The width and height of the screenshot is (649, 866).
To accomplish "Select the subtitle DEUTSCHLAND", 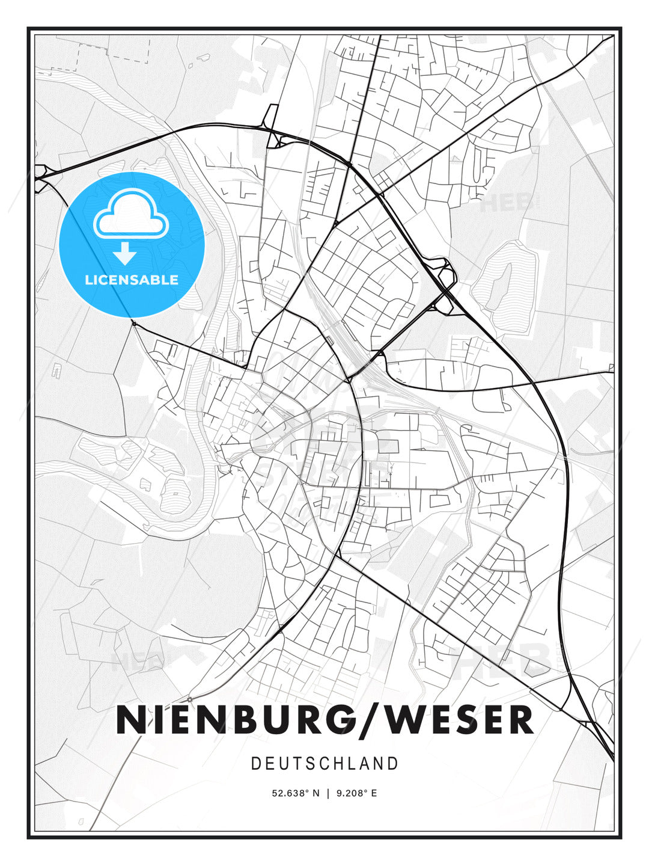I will click(324, 764).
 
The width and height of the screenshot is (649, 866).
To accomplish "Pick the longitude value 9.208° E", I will click(357, 793).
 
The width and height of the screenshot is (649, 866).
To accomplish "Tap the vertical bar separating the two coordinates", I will click(328, 793).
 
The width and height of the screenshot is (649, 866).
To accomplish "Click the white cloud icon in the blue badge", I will click(129, 213).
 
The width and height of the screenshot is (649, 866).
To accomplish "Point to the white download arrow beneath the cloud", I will click(125, 254).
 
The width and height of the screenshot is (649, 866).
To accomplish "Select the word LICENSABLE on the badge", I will click(132, 280).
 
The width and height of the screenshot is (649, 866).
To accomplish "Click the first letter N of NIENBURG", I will click(130, 720).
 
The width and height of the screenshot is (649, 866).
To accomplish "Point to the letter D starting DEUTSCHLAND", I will click(255, 764).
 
